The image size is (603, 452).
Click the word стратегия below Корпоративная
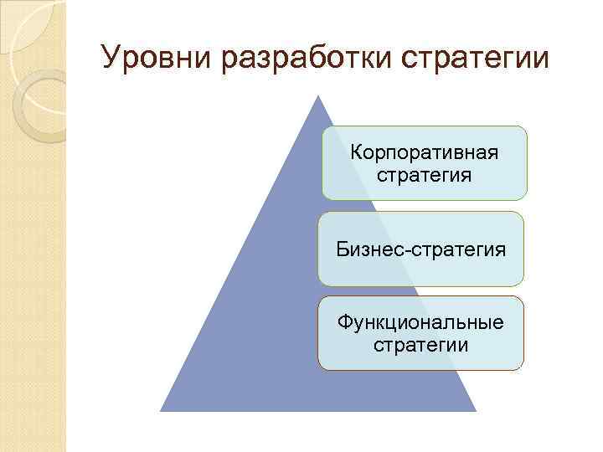(x=424, y=176)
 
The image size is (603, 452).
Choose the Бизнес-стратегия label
(x=420, y=249)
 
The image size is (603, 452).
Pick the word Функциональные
(x=420, y=322)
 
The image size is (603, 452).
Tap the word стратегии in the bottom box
(x=420, y=345)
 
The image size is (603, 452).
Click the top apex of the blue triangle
(x=317, y=95)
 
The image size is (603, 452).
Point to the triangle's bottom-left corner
(x=162, y=410)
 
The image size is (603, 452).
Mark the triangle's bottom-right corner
(x=475, y=410)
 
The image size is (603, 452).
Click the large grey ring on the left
(x=42, y=105)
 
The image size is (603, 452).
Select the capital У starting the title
(x=110, y=59)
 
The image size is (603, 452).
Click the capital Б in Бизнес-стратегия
(x=342, y=249)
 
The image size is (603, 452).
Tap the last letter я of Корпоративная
(x=492, y=155)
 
